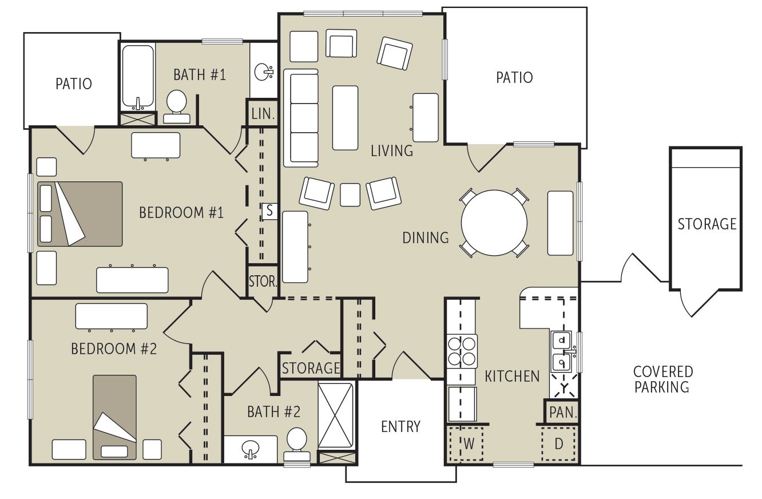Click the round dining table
494,223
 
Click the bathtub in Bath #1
137,77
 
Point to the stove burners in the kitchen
462,351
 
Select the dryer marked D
558,443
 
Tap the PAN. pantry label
562,412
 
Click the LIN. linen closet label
263,113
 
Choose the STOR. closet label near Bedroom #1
263,282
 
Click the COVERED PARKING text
663,379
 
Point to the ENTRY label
400,427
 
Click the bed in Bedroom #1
80,214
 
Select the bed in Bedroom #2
115,417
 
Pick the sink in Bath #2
250,449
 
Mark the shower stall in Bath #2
336,415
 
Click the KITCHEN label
512,376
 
